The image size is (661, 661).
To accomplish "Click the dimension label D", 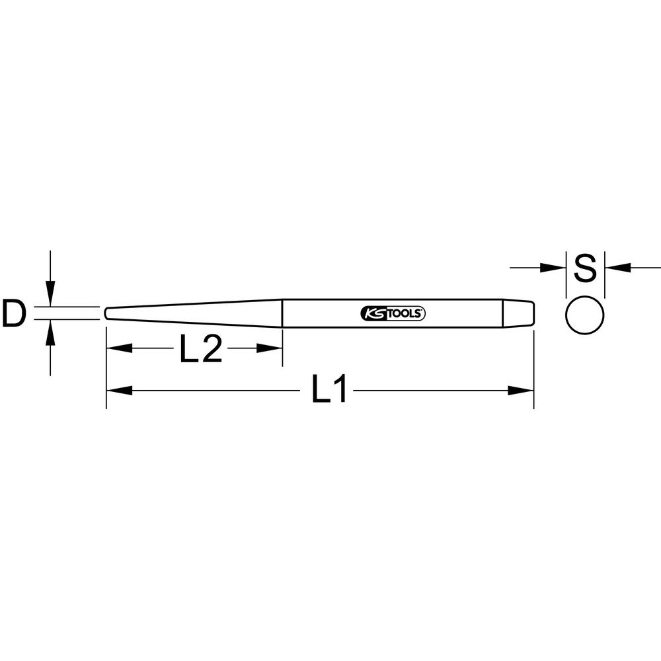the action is click(x=14, y=313).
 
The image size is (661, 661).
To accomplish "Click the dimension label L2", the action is click(x=201, y=348).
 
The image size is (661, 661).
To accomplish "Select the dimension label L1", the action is click(x=329, y=388).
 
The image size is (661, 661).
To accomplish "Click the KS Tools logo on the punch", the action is click(x=393, y=313).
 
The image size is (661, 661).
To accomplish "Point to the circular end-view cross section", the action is click(x=585, y=315).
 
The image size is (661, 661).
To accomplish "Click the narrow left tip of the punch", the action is click(x=106, y=313).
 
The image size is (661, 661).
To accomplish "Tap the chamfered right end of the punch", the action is click(x=519, y=313).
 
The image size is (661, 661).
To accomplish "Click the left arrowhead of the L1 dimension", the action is click(x=119, y=391).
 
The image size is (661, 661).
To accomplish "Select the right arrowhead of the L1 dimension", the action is click(x=521, y=391).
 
